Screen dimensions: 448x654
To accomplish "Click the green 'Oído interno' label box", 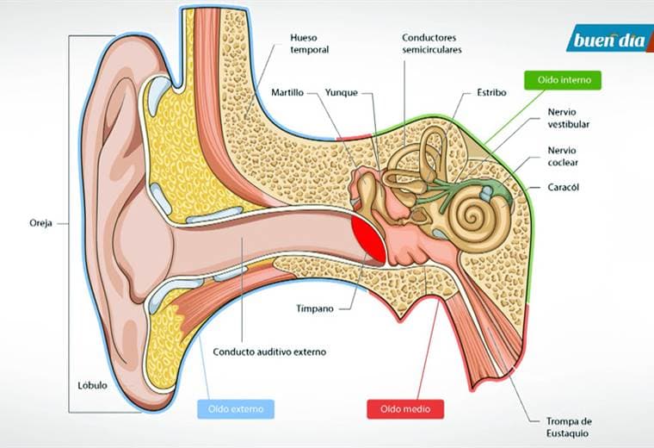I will tap(563, 79).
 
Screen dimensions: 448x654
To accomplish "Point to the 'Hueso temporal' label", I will tap(310, 44).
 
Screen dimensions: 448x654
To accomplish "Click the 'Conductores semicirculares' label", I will tap(432, 44).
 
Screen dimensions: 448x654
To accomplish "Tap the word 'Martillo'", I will tap(287, 91).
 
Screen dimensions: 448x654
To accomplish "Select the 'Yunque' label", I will tap(341, 91).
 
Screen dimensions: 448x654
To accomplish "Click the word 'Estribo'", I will tap(491, 91).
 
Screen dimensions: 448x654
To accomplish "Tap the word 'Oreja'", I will tap(40, 222).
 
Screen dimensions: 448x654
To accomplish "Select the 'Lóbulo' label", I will tap(90, 385).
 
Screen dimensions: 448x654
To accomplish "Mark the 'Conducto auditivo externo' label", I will tap(269, 352).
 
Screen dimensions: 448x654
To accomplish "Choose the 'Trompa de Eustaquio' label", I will tap(570, 426).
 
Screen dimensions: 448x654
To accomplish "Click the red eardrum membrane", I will tap(367, 234).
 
